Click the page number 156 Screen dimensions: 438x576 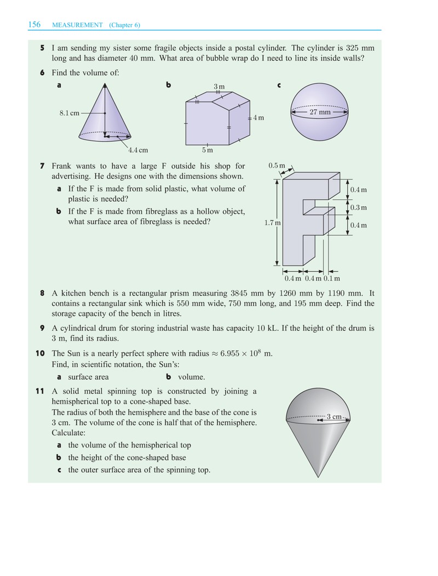point(34,25)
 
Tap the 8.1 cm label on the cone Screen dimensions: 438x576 point(69,113)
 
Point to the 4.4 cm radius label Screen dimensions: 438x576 point(139,150)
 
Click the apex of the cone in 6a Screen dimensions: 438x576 point(105,84)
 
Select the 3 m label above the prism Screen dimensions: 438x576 point(219,86)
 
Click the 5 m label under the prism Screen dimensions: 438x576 point(208,150)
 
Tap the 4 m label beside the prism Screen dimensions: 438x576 point(258,118)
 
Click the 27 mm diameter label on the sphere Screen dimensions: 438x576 point(320,112)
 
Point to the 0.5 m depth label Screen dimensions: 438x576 point(276,166)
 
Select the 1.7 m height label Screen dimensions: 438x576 point(273,223)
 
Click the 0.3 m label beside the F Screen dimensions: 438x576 point(358,207)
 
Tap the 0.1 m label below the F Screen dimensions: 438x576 point(332,278)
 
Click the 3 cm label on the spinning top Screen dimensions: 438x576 point(334,417)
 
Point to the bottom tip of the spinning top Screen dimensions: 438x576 point(319,477)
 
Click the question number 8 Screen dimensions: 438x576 point(42,293)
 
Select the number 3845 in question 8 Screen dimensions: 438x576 point(240,293)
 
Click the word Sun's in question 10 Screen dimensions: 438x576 point(169,365)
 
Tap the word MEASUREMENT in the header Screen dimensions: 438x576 point(78,25)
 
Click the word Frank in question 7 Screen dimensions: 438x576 point(61,166)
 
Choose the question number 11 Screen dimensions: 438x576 point(40,391)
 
